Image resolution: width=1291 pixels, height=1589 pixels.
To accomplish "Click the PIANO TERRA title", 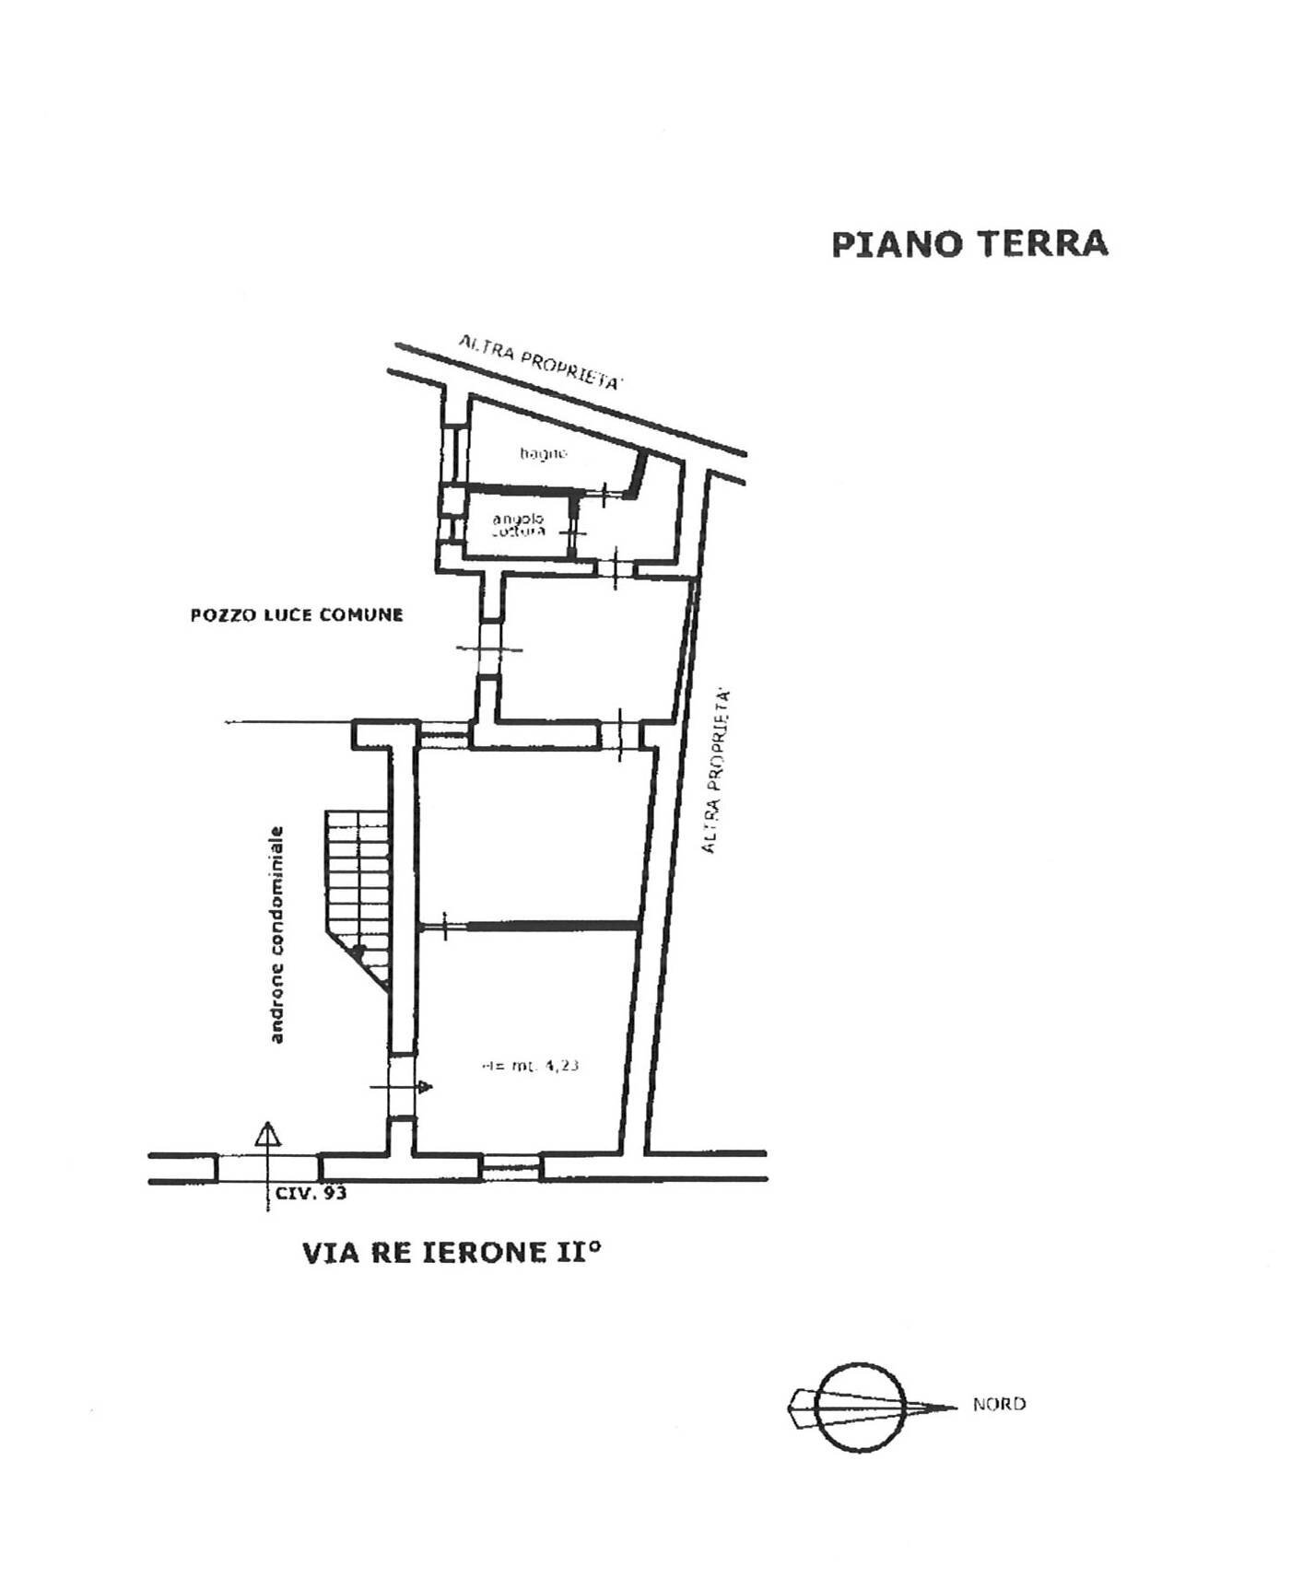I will (968, 244).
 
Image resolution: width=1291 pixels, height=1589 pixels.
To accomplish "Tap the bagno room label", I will (543, 452).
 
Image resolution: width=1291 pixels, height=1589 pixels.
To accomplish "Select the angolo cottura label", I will (518, 525).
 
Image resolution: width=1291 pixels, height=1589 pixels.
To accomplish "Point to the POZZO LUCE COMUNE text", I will (297, 615).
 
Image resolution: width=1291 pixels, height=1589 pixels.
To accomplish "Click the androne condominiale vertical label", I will (276, 935).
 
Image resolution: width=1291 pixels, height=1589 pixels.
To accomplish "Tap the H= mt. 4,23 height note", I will (530, 1066).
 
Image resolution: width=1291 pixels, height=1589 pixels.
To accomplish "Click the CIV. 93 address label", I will (311, 1194).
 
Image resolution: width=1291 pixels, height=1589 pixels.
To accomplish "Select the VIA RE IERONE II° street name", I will (452, 1253).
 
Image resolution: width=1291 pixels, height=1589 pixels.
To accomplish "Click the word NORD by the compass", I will (999, 1405).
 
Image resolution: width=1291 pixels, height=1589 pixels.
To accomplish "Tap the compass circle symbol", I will (863, 1407).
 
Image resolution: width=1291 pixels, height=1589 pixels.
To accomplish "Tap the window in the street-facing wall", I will (511, 1167).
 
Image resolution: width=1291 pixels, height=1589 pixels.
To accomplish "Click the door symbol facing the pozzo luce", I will (488, 648).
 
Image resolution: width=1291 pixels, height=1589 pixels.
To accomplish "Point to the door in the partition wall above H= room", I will (444, 925).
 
